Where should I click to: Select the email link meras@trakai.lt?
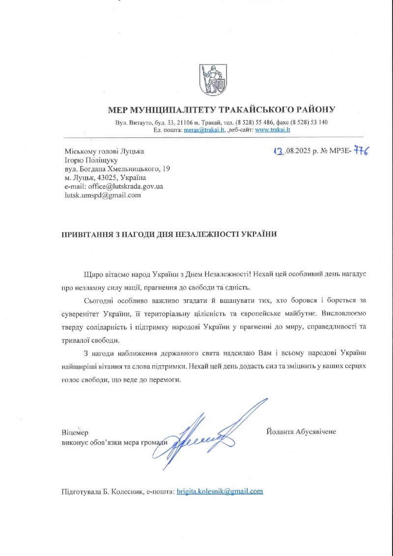(204, 130)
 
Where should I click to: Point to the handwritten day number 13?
(278, 152)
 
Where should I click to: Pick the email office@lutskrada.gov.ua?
(124, 186)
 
